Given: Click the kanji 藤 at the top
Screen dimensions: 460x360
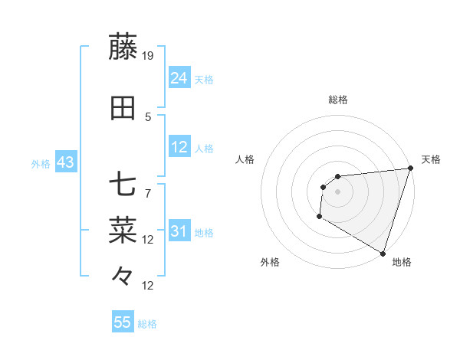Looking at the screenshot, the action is pyautogui.click(x=123, y=47).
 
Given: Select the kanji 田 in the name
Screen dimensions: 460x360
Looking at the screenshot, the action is pyautogui.click(x=123, y=109).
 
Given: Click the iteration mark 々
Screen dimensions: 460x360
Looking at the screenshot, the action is pyautogui.click(x=123, y=274).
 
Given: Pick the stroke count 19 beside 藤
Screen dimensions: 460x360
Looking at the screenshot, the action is pyautogui.click(x=149, y=56).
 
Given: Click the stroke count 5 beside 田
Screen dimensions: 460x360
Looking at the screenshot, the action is pyautogui.click(x=149, y=117).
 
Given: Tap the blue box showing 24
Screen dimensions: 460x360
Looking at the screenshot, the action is pyautogui.click(x=179, y=78).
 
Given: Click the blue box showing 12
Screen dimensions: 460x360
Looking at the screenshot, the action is pyautogui.click(x=179, y=147).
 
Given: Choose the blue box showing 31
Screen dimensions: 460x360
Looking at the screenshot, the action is pyautogui.click(x=179, y=231).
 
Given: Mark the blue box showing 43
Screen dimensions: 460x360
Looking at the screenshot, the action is pyautogui.click(x=64, y=163).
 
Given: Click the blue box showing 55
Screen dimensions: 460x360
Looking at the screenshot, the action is pyautogui.click(x=123, y=322).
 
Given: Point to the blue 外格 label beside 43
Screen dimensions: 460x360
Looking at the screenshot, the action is pyautogui.click(x=41, y=164).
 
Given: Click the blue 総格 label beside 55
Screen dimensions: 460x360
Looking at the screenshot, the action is pyautogui.click(x=148, y=324).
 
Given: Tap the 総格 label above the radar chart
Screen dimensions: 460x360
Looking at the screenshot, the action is pyautogui.click(x=338, y=100).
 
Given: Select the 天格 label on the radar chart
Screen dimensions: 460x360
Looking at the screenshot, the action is pyautogui.click(x=431, y=159).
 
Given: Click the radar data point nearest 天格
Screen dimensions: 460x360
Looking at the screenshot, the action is pyautogui.click(x=410, y=169).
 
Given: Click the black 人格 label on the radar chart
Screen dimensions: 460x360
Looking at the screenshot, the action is pyautogui.click(x=245, y=159).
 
